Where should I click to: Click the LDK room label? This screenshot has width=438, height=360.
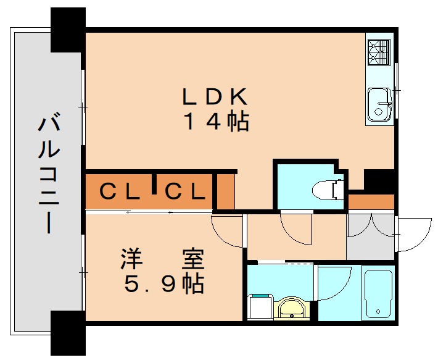[214, 97]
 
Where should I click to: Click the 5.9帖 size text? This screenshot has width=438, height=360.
[164, 283]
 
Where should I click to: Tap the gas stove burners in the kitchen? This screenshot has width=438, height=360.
[379, 52]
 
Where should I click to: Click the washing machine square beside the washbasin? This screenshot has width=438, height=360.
[258, 307]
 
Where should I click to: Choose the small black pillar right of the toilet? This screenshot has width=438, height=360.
[379, 181]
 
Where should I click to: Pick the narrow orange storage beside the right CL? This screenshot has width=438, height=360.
[226, 192]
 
